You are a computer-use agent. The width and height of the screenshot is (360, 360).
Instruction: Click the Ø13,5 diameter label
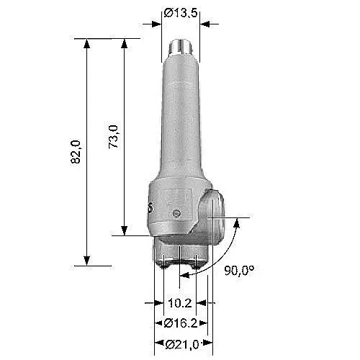pos(181,13)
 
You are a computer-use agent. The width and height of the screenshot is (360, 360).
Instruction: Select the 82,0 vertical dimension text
pos(76,152)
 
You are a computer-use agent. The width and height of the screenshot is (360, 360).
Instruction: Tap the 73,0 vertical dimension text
pos(113,137)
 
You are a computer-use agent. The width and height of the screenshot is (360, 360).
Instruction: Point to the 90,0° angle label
pos(239,271)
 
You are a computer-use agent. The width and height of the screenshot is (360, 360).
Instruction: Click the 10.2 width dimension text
pos(180,303)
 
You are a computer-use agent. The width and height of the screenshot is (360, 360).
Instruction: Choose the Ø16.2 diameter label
pos(181,323)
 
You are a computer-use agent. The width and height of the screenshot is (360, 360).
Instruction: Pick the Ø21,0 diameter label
pos(182,345)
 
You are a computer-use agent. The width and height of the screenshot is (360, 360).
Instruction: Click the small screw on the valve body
pos(177,213)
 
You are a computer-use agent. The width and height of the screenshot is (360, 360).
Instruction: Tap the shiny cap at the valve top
pos(181,47)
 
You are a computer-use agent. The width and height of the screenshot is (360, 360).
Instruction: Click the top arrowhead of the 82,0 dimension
pos(87,43)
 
